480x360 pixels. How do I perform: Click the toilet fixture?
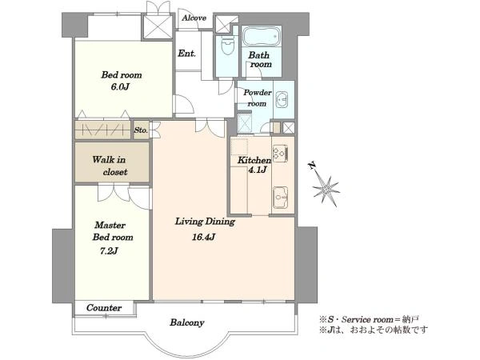coord(226,45)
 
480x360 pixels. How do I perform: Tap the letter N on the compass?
coord(314,166)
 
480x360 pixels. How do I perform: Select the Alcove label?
coord(194,18)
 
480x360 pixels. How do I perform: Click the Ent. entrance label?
coord(187,54)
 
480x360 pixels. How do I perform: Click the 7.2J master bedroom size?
coord(110,251)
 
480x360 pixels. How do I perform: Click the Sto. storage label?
coord(141,129)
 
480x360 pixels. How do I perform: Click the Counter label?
coord(104,308)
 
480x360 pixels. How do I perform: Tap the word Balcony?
coord(187,323)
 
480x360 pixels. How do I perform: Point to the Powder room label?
coord(257,98)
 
